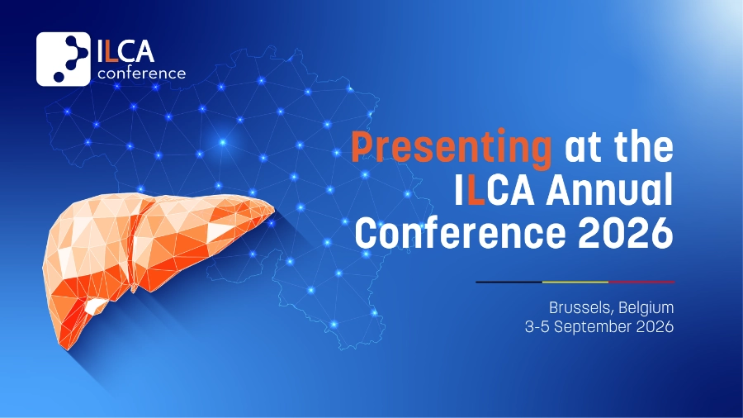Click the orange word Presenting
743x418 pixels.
451,149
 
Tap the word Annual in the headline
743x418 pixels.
609,189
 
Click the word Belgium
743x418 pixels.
646,307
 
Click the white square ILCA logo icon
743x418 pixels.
64,59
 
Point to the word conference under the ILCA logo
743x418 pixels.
142,74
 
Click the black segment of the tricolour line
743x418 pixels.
509,282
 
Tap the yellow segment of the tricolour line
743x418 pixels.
575,282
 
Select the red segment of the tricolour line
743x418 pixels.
641,282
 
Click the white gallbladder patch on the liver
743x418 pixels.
96,306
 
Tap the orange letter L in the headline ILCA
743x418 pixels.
476,190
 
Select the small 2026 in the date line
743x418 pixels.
655,326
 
